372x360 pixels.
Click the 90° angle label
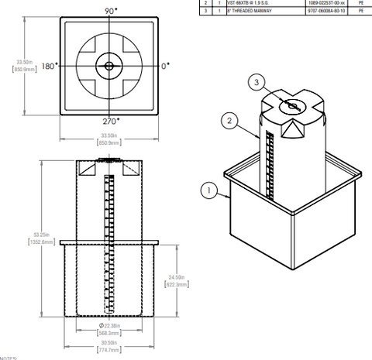[x=111, y=10]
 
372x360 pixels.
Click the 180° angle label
[x=49, y=67]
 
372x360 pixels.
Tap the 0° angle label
[x=165, y=67]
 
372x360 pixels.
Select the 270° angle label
[x=111, y=122]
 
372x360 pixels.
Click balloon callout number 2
[x=228, y=120]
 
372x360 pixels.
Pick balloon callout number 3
[x=257, y=81]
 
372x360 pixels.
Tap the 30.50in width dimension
[x=111, y=341]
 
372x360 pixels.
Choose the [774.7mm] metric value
[x=111, y=351]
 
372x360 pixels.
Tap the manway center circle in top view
[x=108, y=66]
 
